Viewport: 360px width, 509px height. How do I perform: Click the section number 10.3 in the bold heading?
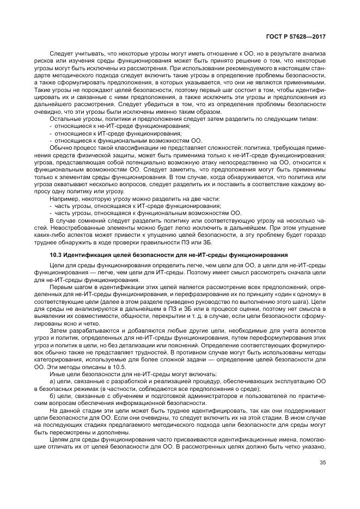click(x=56, y=255)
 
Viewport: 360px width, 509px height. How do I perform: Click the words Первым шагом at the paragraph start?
click(x=69, y=286)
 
